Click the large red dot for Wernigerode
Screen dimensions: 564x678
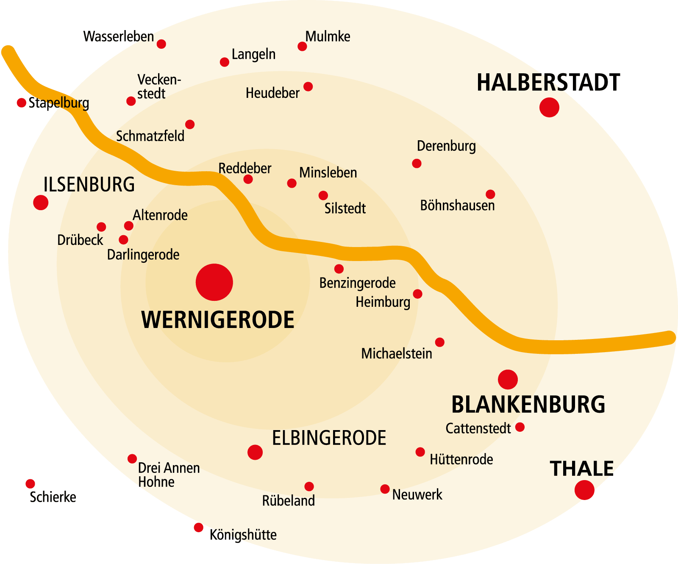point(214,282)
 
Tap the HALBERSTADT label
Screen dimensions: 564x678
point(548,83)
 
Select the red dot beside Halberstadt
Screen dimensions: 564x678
point(549,107)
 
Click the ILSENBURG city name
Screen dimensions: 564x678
point(89,184)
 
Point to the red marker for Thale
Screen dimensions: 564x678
point(584,490)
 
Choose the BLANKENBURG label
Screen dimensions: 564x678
point(528,404)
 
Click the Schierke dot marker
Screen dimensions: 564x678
point(30,484)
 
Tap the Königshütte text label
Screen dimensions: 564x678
point(243,535)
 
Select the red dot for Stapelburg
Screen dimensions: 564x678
point(21,103)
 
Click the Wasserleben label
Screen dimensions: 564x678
point(118,36)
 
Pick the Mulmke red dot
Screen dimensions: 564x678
point(302,46)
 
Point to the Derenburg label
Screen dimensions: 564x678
point(446,146)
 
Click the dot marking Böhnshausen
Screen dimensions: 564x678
point(490,194)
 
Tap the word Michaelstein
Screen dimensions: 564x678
point(397,353)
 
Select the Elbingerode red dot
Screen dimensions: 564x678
point(255,452)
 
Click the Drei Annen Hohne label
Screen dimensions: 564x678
point(169,475)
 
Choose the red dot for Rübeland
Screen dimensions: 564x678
point(309,486)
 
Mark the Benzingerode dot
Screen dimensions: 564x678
point(339,269)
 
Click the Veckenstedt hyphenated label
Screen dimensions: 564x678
point(158,86)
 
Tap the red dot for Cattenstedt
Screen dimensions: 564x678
point(520,427)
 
